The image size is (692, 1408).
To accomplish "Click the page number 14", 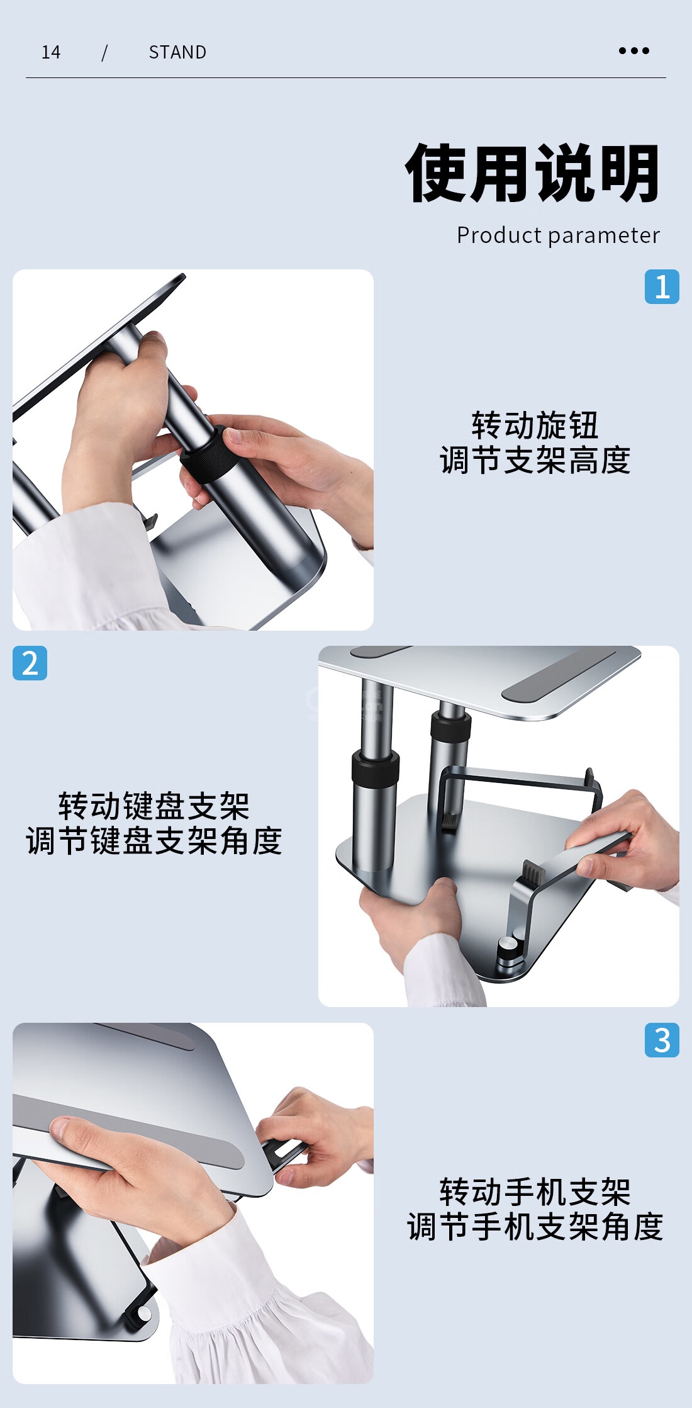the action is (x=51, y=52).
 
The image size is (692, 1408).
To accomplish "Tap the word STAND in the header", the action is (x=177, y=52).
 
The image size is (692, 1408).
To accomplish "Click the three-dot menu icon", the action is (x=633, y=51).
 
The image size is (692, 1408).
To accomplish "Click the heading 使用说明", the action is (x=533, y=173).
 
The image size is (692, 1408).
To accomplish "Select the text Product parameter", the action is (x=558, y=235).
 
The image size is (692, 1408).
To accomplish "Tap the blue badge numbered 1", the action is (x=662, y=287).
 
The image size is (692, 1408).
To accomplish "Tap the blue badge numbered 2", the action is (x=30, y=663).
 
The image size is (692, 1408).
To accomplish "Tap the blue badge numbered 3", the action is (x=662, y=1040).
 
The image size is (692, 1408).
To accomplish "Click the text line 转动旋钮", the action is (x=535, y=425).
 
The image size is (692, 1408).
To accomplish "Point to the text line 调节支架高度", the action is (x=535, y=460).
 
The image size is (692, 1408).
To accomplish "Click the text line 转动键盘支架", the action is (x=154, y=806).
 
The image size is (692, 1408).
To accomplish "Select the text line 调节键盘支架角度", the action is (x=154, y=841).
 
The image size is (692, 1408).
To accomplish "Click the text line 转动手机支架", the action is (x=535, y=1192).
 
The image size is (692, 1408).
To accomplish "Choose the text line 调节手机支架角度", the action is (x=535, y=1227).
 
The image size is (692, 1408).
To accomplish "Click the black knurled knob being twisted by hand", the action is (x=208, y=454).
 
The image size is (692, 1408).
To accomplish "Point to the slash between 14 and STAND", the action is (x=104, y=52).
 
